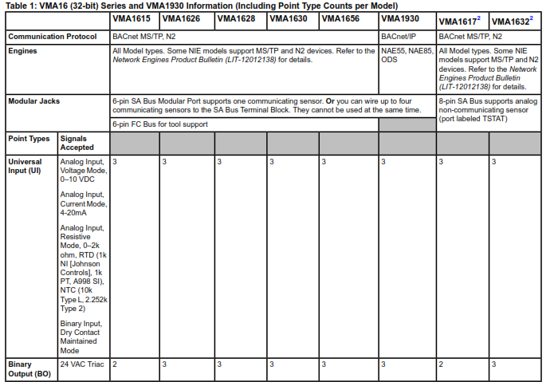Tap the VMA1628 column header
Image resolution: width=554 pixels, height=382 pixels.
coord(237,18)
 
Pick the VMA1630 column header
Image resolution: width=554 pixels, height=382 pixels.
coord(289,18)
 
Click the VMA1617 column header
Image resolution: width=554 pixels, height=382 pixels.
coord(460,19)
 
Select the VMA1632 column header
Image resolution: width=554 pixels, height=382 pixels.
coord(512,19)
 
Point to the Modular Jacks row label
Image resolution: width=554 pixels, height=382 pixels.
coord(34,101)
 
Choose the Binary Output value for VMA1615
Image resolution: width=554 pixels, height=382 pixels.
coord(116,364)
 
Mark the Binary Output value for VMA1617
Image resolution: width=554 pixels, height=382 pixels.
coord(442,364)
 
